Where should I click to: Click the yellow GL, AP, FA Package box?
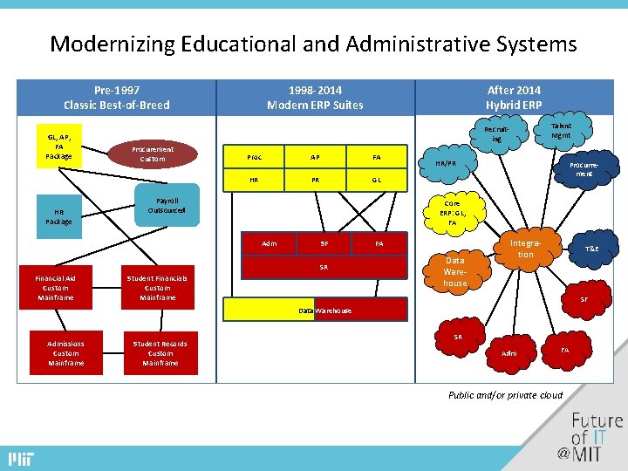[58, 146]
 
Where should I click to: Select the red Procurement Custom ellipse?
[153, 154]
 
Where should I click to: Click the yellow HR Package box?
[58, 216]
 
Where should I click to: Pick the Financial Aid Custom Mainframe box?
[55, 288]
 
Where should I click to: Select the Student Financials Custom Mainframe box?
[157, 288]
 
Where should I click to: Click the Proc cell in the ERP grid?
[255, 158]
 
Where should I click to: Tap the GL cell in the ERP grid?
[376, 181]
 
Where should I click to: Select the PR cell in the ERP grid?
[315, 181]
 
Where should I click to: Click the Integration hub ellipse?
[525, 249]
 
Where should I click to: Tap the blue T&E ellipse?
[591, 249]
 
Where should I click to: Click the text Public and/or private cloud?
[505, 395]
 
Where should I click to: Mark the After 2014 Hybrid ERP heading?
[514, 98]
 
